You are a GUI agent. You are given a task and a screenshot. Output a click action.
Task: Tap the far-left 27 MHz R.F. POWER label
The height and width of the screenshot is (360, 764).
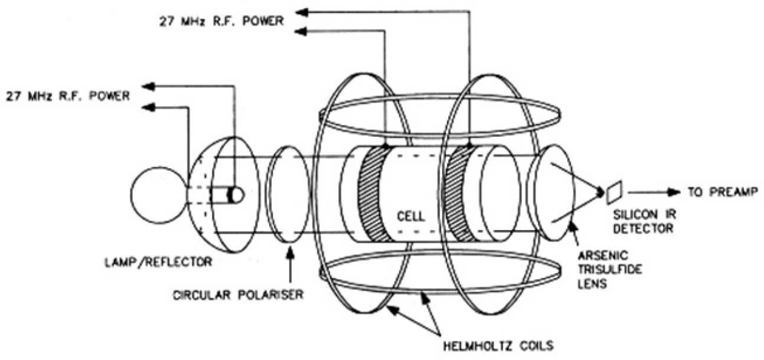(x=67, y=96)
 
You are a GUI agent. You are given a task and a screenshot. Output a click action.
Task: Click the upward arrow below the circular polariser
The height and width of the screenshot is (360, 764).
(x=289, y=260)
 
